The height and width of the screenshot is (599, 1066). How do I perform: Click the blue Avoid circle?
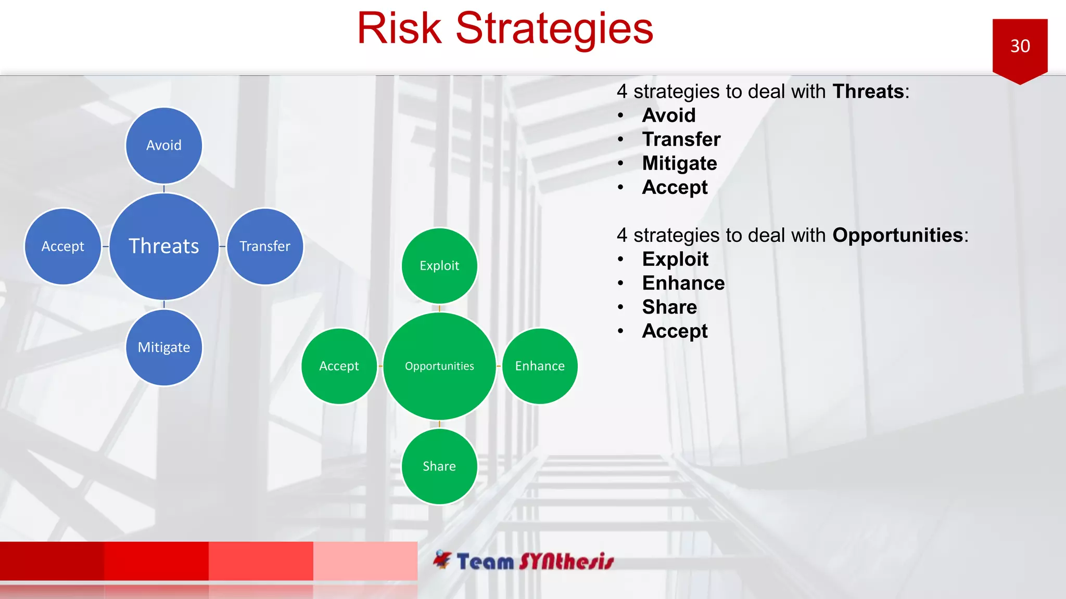[x=163, y=146]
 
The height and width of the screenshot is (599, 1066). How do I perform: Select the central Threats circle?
[x=163, y=246]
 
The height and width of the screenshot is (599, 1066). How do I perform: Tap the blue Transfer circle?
[x=264, y=246]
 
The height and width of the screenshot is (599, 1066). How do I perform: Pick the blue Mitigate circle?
[x=163, y=347]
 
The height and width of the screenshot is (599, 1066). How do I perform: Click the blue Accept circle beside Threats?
[x=62, y=246]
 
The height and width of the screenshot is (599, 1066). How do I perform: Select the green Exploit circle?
[x=439, y=266]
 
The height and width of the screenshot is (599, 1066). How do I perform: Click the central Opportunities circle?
[x=439, y=366]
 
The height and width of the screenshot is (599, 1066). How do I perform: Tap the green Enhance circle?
[x=540, y=366]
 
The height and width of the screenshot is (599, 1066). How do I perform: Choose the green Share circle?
[x=439, y=466]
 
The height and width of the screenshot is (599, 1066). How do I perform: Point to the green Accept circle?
[x=339, y=366]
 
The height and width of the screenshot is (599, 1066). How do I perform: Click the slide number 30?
[x=1020, y=46]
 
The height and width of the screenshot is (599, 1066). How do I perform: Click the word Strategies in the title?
[x=554, y=29]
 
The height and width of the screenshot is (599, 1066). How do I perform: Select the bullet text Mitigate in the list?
[x=679, y=163]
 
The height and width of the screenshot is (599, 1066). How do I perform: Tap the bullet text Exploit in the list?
[x=675, y=259]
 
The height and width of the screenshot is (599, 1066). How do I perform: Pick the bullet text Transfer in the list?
[x=681, y=139]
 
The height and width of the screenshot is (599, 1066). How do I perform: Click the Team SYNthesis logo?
[x=523, y=561]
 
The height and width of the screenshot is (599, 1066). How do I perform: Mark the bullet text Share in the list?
[x=669, y=307]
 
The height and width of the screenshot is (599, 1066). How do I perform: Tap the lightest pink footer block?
[x=365, y=561]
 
